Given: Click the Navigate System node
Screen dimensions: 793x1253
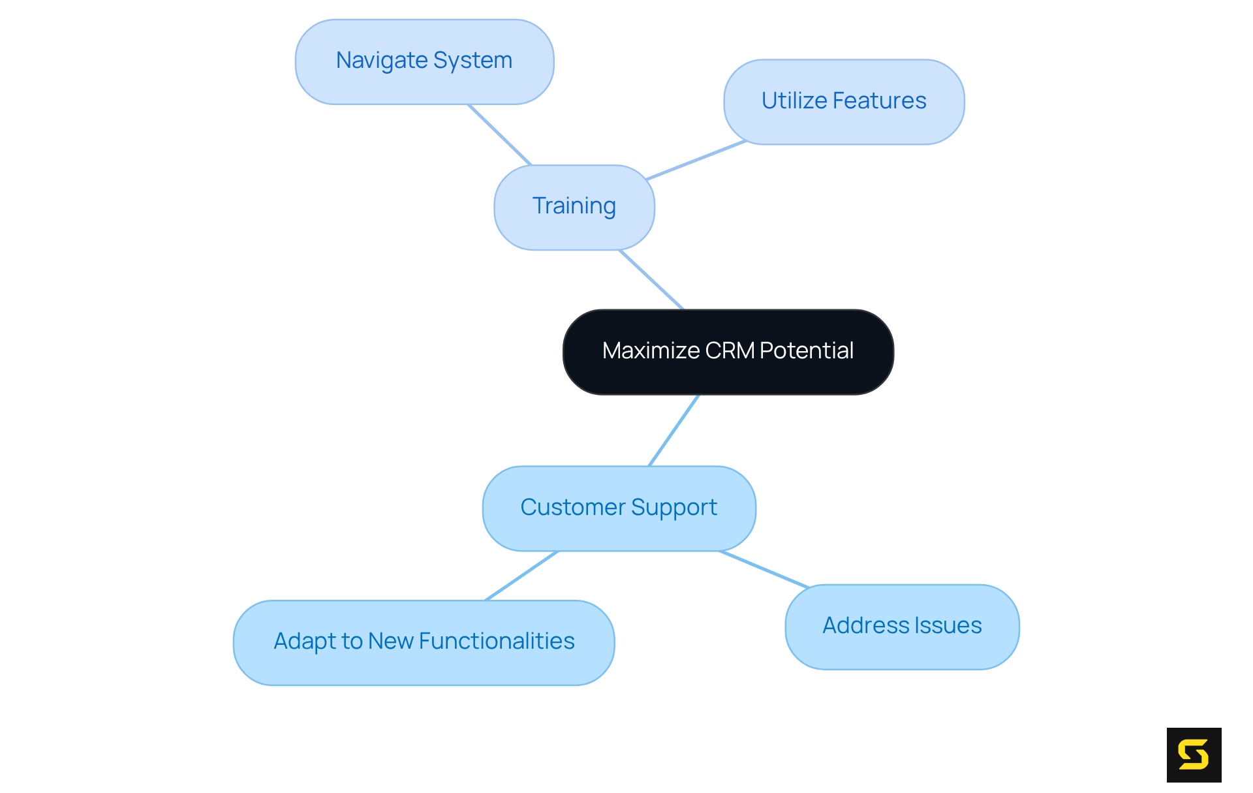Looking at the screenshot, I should click(x=424, y=61).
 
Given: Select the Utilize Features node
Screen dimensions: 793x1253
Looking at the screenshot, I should click(x=844, y=101).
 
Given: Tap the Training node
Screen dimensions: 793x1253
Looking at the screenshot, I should click(x=574, y=207).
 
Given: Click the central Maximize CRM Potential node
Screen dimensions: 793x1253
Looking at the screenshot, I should click(x=728, y=352).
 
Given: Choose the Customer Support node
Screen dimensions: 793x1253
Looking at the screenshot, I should click(x=619, y=508).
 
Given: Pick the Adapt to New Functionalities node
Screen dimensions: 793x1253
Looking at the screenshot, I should click(x=424, y=642).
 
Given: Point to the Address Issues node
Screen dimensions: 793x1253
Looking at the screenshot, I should click(x=902, y=627).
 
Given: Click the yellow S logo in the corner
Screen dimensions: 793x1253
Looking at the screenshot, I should click(x=1194, y=754).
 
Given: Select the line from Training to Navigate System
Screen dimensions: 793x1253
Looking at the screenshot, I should click(x=500, y=134).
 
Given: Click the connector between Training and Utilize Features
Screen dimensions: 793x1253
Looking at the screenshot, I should click(x=696, y=160).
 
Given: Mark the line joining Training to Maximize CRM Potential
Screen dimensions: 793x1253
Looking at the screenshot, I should click(x=651, y=279).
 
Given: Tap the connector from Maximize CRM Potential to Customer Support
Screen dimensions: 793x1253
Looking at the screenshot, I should click(x=673, y=430).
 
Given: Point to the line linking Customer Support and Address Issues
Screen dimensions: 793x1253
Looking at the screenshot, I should click(x=764, y=569).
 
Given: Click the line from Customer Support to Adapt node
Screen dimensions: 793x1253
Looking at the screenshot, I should click(x=522, y=576).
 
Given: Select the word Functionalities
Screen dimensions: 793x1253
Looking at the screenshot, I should click(x=497, y=642).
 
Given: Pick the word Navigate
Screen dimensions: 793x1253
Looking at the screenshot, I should click(x=381, y=61).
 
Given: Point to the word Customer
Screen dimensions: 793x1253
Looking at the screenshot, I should click(x=573, y=508).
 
